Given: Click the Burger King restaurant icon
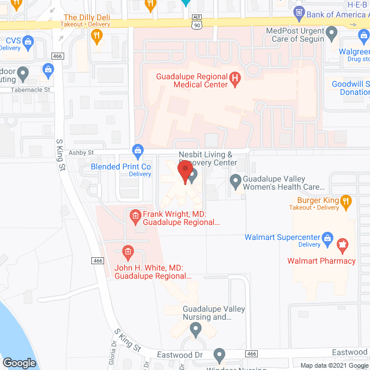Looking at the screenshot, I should click(x=346, y=201).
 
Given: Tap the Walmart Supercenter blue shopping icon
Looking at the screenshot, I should click(x=328, y=237).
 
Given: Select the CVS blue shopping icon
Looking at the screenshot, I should click(x=28, y=41).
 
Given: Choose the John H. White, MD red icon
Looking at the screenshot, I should click(x=128, y=251).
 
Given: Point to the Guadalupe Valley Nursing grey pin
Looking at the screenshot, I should click(x=195, y=331).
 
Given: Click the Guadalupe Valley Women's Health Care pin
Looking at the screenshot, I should click(x=235, y=182).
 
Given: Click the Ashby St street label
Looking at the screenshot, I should click(x=82, y=153).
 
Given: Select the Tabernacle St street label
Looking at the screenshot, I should click(x=31, y=90).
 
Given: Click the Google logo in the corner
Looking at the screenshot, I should click(x=19, y=362).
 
